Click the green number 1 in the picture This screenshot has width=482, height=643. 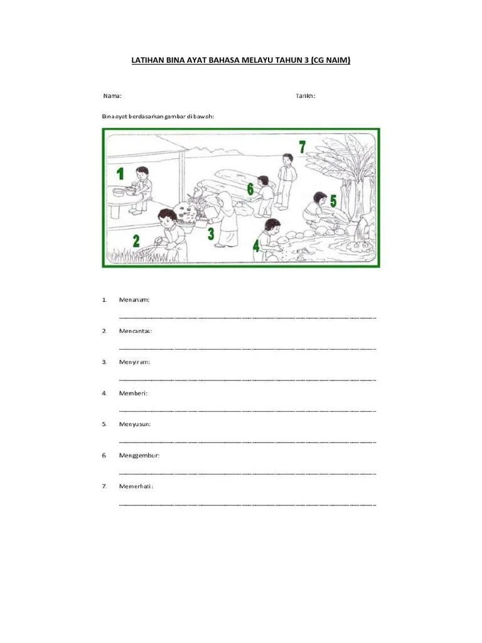tap(120, 173)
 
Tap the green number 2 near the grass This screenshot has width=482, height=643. tap(136, 240)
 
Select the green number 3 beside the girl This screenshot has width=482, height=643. tap(211, 234)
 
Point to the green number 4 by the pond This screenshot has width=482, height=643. tap(256, 246)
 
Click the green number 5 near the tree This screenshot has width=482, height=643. tap(333, 201)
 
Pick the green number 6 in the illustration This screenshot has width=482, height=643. tap(250, 189)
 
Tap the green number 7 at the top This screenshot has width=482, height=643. tap(302, 147)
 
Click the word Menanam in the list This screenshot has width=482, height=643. tap(134, 300)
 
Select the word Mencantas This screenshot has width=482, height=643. tap(136, 331)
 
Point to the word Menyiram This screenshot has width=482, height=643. tap(134, 362)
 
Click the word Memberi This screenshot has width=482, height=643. tap(133, 393)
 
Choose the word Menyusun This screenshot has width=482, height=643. tap(135, 424)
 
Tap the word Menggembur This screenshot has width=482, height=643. tap(139, 455)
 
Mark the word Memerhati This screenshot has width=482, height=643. tap(136, 487)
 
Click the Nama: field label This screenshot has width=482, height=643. tap(112, 96)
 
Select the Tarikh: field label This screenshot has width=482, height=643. tap(306, 96)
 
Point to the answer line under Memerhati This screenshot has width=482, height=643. tap(247, 504)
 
